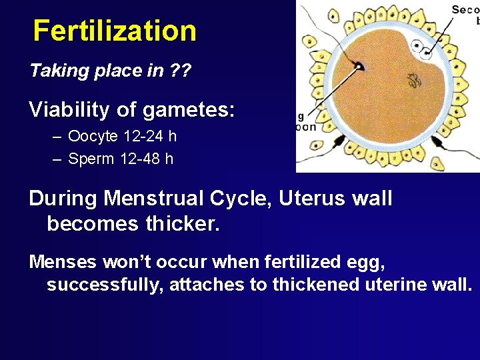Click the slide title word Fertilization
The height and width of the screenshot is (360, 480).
point(115,31)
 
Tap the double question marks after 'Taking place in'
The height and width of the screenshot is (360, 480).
point(179,71)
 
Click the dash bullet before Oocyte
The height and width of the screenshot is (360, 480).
point(57,137)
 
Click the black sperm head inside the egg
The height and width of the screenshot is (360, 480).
point(359,66)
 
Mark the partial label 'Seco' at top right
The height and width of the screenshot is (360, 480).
point(465,9)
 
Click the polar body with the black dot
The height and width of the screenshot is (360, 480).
point(419,47)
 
